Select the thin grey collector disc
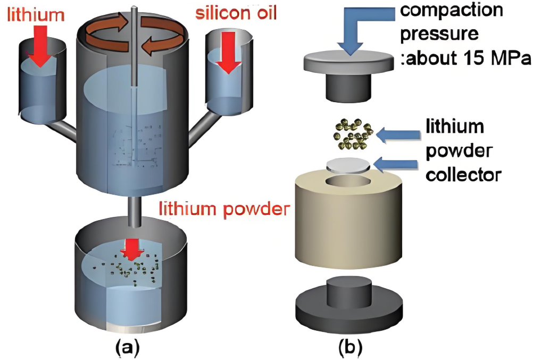click(348, 164)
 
